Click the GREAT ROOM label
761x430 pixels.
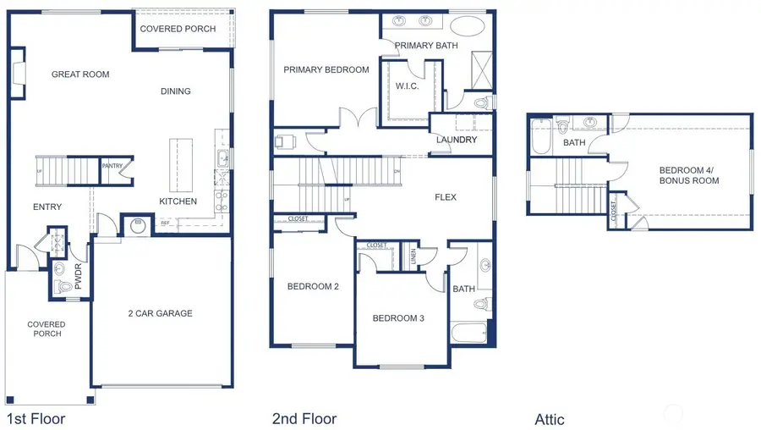80,74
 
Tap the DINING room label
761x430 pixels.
176,91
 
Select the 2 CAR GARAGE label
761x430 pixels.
161,313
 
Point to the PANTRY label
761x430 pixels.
112,166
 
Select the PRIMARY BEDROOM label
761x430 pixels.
326,70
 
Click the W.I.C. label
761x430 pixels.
408,86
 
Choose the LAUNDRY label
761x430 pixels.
457,140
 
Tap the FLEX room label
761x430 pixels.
446,197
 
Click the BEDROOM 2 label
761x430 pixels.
313,286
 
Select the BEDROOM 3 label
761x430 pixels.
398,318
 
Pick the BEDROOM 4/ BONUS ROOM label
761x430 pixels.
689,175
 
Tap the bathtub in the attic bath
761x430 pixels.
540,136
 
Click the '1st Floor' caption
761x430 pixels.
36,418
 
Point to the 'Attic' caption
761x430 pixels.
550,419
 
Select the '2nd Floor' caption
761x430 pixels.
304,418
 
